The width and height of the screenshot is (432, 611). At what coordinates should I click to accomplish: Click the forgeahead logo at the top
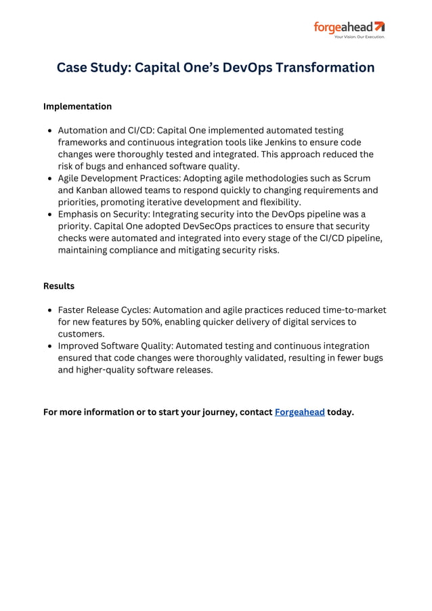click(x=348, y=28)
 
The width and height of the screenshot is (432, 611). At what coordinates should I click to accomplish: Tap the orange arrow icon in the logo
click(x=379, y=26)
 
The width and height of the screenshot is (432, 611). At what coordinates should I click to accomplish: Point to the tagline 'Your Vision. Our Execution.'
click(x=359, y=37)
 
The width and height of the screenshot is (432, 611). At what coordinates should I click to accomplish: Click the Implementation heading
click(x=77, y=106)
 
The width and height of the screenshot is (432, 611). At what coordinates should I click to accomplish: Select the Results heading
click(x=59, y=286)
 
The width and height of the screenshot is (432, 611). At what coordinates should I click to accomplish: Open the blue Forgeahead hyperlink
click(x=299, y=412)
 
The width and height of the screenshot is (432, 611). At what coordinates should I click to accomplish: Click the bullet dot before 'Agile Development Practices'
click(x=51, y=179)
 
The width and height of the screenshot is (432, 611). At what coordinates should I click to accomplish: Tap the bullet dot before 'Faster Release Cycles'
click(x=51, y=310)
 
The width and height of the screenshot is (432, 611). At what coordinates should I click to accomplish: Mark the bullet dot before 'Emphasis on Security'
click(x=51, y=215)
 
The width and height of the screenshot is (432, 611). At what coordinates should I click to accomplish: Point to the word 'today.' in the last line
click(x=341, y=412)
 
